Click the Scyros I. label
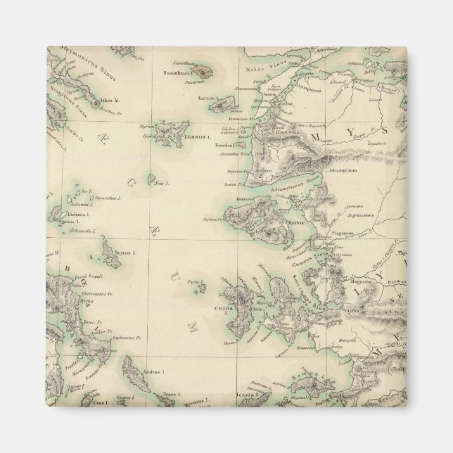coord(125,251)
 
